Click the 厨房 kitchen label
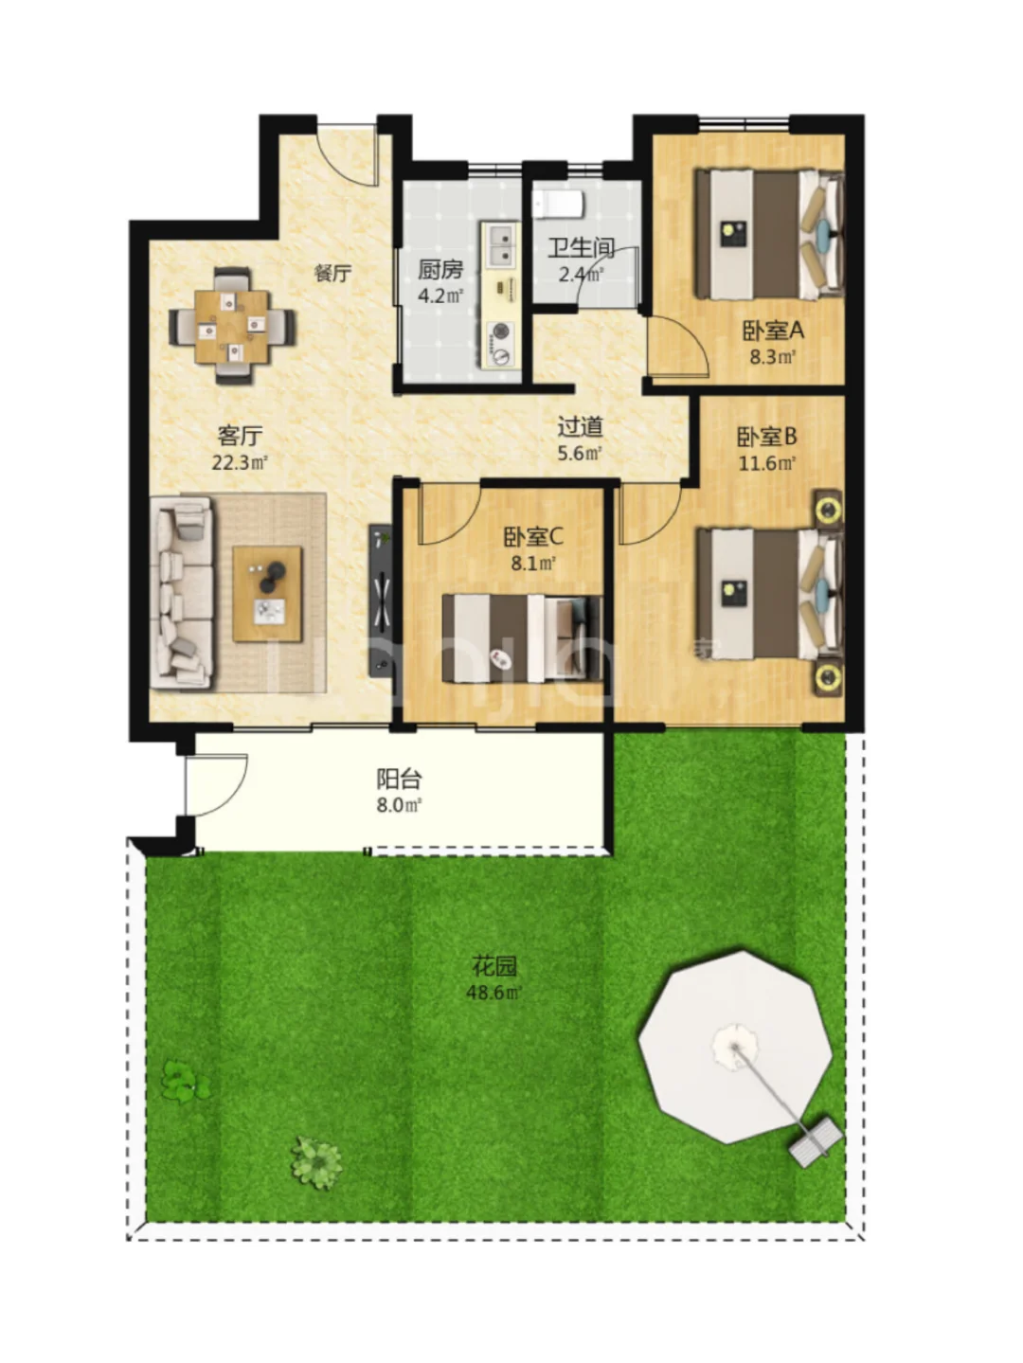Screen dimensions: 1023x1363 tap(440, 270)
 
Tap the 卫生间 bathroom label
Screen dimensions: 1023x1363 tap(581, 248)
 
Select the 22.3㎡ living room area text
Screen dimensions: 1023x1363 tap(240, 462)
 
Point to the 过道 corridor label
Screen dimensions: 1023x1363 tap(581, 426)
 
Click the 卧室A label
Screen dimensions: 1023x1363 tap(773, 331)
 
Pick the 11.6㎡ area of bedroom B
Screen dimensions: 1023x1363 tap(767, 463)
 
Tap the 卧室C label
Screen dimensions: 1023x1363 tap(532, 536)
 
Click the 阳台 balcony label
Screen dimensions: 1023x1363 tap(400, 779)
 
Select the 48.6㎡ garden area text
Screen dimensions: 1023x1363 tap(494, 993)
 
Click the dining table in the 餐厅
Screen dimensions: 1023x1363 tap(231, 327)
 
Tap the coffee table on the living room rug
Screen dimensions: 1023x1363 tap(267, 594)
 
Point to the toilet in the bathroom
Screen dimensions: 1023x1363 tap(558, 205)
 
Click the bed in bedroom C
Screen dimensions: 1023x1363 tap(521, 638)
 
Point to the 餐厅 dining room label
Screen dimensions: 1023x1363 tap(332, 273)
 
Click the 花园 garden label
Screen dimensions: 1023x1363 tap(494, 966)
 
